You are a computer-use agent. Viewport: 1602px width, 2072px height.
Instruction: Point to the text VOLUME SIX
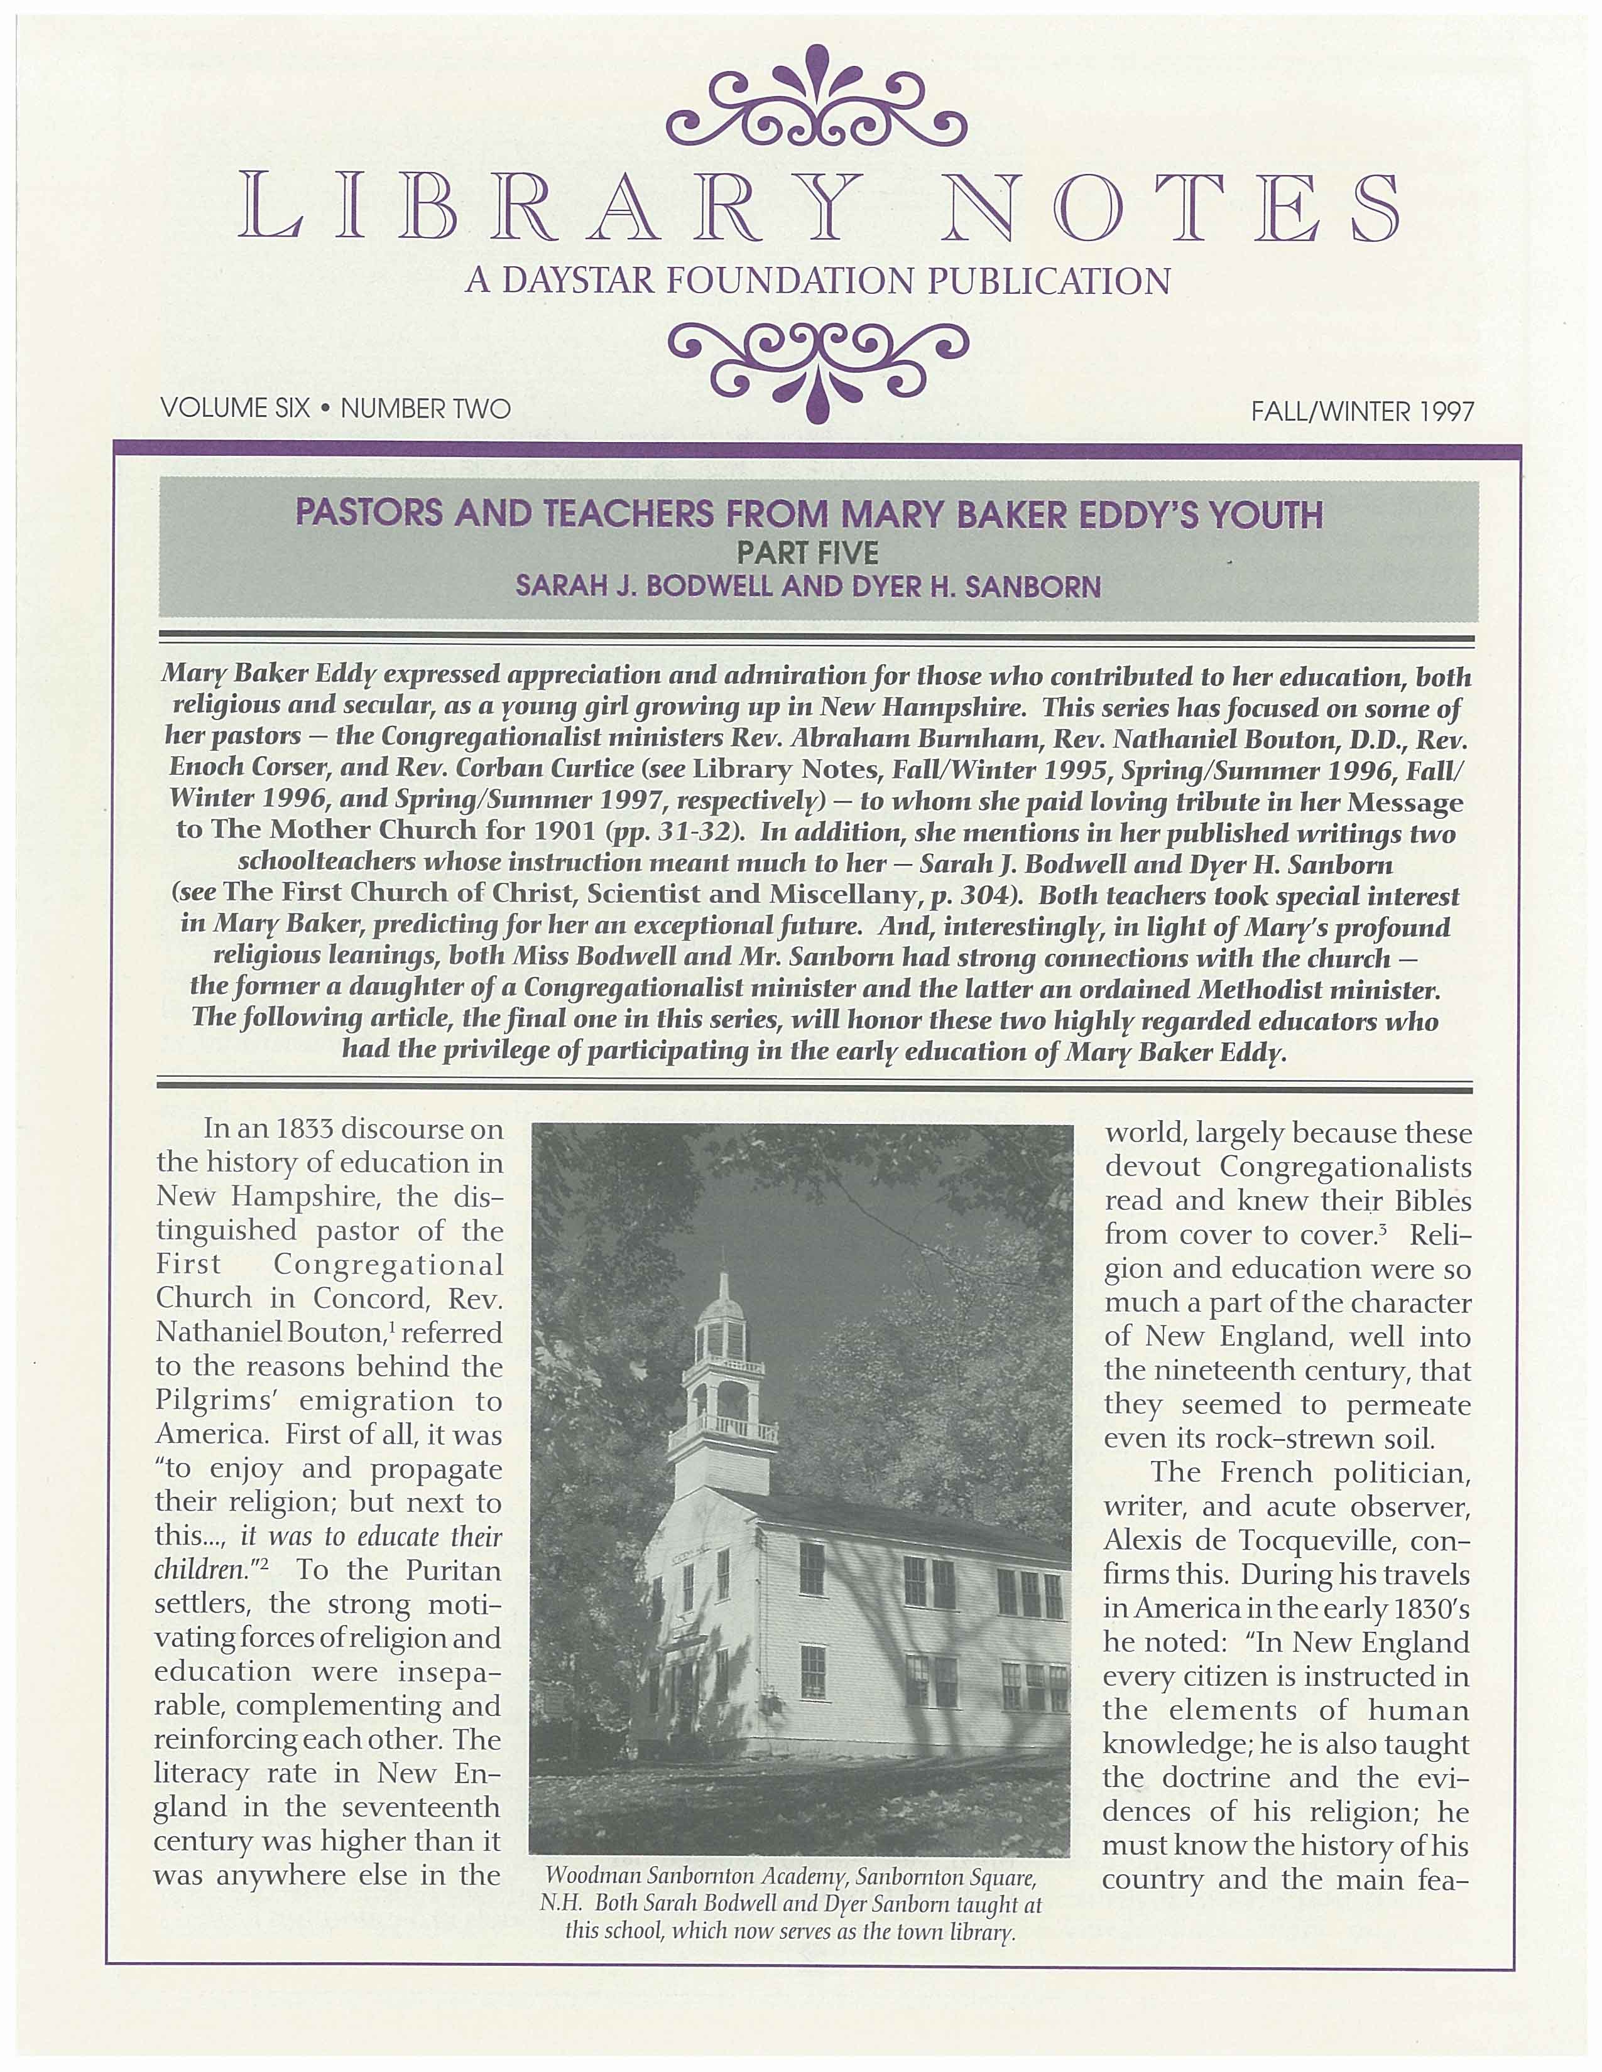tap(236, 409)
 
